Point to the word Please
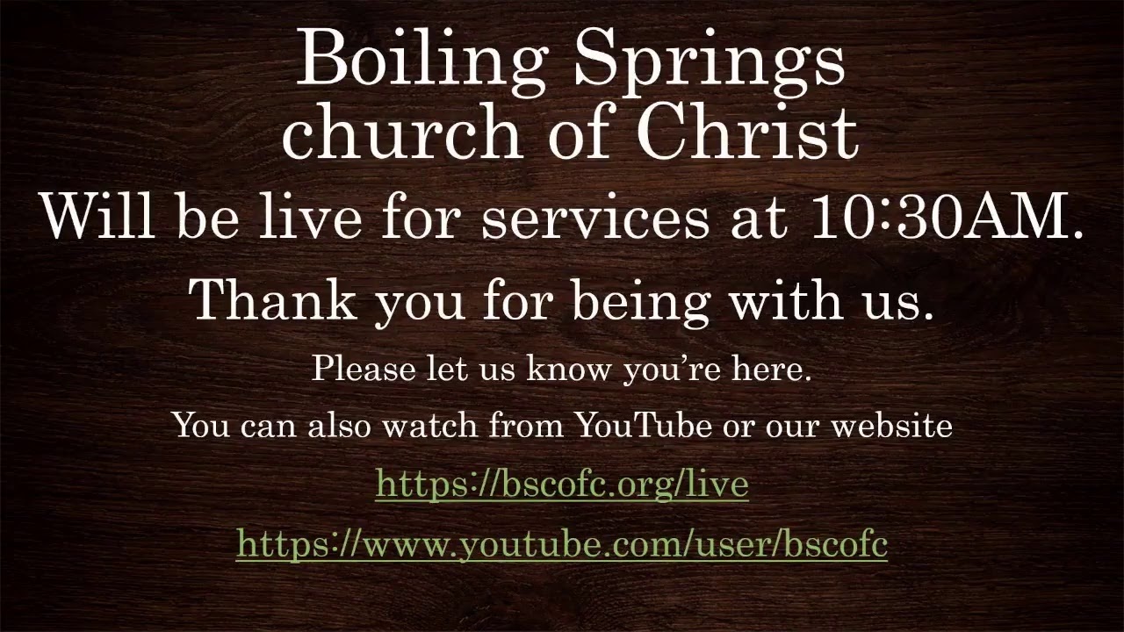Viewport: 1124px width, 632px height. (363, 369)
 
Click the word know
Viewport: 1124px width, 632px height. (568, 369)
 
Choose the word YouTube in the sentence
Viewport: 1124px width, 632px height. (643, 426)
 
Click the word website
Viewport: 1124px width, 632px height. (891, 426)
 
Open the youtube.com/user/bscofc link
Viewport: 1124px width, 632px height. (562, 545)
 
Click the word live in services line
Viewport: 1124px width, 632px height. (309, 216)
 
